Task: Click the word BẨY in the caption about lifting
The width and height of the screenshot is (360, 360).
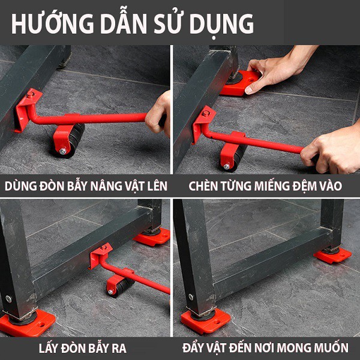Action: [x=77, y=185]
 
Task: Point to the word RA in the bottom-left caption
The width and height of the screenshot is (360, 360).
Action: [x=119, y=348]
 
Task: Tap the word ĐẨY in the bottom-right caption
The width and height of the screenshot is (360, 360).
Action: [x=194, y=347]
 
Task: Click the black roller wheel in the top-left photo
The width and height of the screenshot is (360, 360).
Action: [x=73, y=140]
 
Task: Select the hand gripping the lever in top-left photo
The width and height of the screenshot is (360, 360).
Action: [x=158, y=113]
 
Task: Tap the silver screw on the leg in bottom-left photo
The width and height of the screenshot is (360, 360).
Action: [x=8, y=299]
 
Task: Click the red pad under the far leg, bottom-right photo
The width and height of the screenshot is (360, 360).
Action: [x=332, y=256]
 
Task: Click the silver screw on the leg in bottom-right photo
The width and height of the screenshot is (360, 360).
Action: [x=191, y=297]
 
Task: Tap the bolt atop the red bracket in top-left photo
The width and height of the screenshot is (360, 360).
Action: [x=30, y=94]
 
